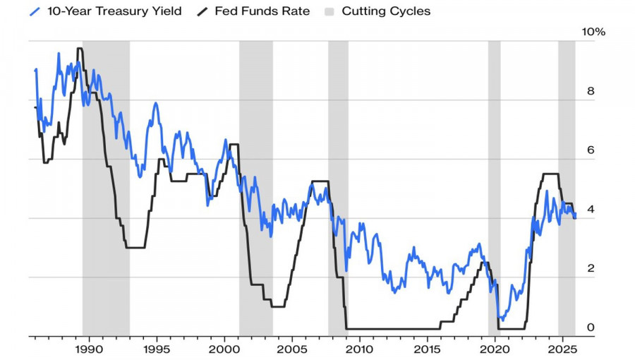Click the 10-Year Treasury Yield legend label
114,11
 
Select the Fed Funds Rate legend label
262,11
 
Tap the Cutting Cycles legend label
385,11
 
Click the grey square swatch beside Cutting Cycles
329,11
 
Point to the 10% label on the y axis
593,32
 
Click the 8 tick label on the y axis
591,91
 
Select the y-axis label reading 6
591,150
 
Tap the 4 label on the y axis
591,209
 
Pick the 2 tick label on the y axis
591,268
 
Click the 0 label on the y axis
591,328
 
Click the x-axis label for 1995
157,349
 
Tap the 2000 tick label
224,349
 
